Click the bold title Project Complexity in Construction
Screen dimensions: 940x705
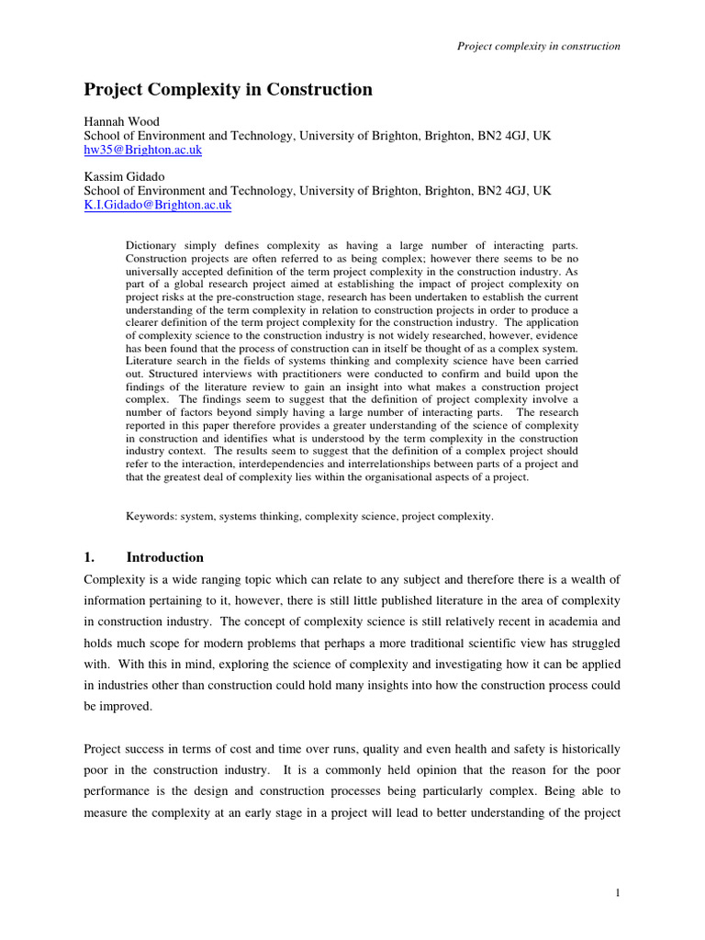click(229, 90)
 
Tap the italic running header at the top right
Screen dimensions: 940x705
click(539, 46)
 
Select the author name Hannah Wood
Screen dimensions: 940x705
click(121, 120)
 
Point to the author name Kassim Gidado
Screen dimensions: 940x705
click(126, 176)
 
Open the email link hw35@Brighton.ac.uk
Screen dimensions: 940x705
click(142, 150)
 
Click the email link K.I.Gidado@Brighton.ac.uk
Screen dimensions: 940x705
click(158, 206)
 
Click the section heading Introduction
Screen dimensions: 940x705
click(164, 557)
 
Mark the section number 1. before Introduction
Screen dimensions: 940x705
click(90, 557)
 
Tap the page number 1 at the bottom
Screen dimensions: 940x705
click(618, 892)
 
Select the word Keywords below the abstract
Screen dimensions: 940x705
click(151, 517)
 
